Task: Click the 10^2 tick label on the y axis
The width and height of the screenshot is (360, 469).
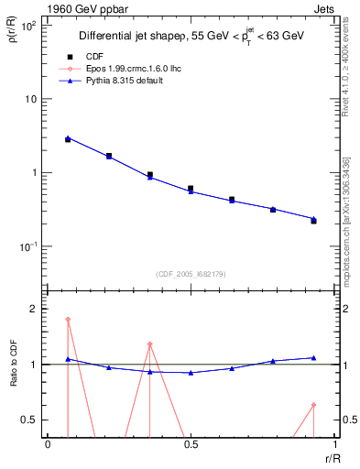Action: pyautogui.click(x=27, y=25)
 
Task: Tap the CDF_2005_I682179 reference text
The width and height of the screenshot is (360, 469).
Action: pyautogui.click(x=190, y=274)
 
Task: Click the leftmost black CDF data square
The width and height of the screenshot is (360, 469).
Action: pyautogui.click(x=68, y=139)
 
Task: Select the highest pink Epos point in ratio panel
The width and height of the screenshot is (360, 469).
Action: pyautogui.click(x=68, y=320)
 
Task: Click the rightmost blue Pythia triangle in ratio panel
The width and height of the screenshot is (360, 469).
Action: pyautogui.click(x=313, y=358)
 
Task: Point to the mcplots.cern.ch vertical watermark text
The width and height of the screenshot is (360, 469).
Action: pyautogui.click(x=347, y=229)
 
